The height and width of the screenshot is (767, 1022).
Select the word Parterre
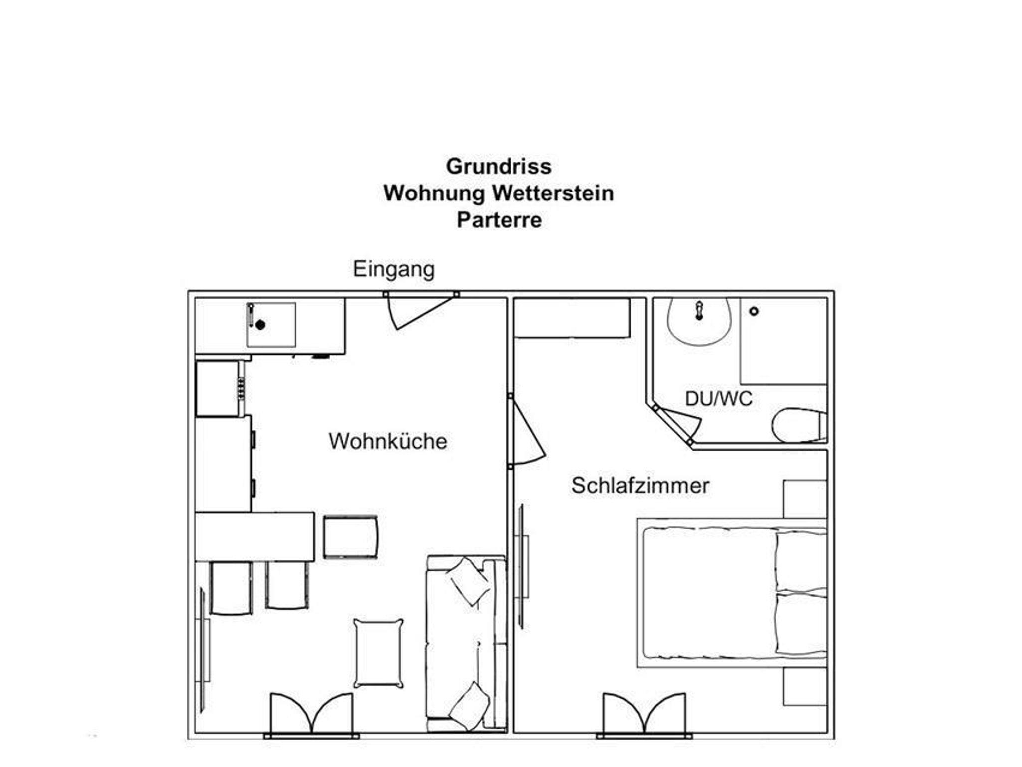point(499,220)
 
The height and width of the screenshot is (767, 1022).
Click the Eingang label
point(394,270)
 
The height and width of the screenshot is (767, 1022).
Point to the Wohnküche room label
point(388,441)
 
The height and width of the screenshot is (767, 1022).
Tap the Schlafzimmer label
point(640,486)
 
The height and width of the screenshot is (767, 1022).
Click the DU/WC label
point(718,399)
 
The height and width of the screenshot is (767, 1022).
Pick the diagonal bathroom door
point(678,424)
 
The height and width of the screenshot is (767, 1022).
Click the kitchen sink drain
point(260,325)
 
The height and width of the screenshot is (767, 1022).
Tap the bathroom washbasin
point(699,321)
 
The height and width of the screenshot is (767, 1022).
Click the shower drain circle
point(754,311)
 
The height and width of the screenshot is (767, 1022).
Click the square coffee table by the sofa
point(379,653)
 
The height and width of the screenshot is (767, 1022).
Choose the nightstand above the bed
point(805,499)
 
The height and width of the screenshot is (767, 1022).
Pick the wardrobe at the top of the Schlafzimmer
point(572,318)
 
